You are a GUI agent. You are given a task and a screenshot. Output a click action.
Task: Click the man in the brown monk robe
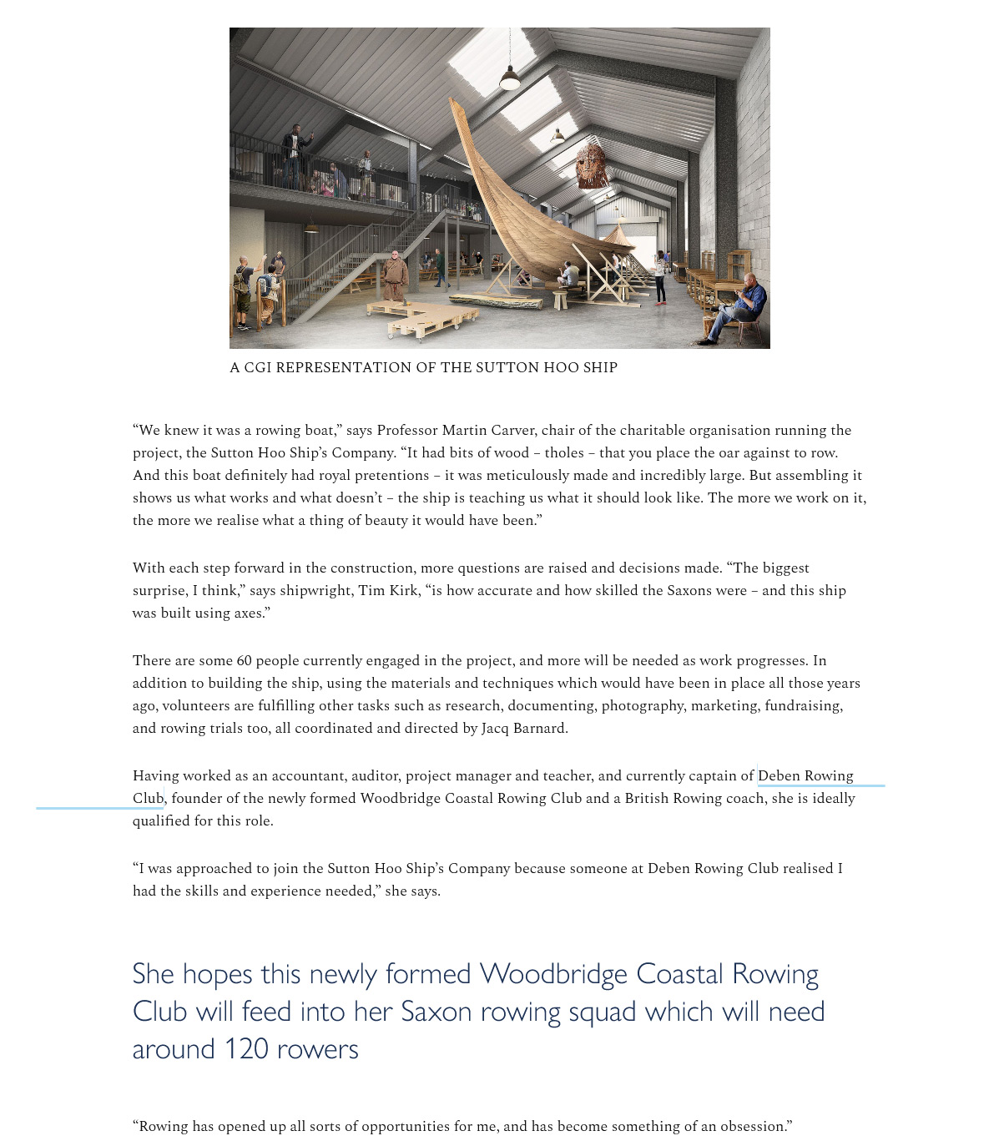(394, 275)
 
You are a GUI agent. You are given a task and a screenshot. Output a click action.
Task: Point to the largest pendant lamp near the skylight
(510, 78)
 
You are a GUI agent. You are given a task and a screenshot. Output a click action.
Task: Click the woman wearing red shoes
(660, 276)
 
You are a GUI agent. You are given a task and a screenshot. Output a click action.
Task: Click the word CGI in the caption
(258, 367)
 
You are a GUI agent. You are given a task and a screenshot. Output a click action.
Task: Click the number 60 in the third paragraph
(244, 661)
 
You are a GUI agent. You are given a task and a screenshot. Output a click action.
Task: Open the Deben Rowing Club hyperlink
(805, 776)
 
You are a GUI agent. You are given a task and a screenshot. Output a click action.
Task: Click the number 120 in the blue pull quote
(245, 1049)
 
